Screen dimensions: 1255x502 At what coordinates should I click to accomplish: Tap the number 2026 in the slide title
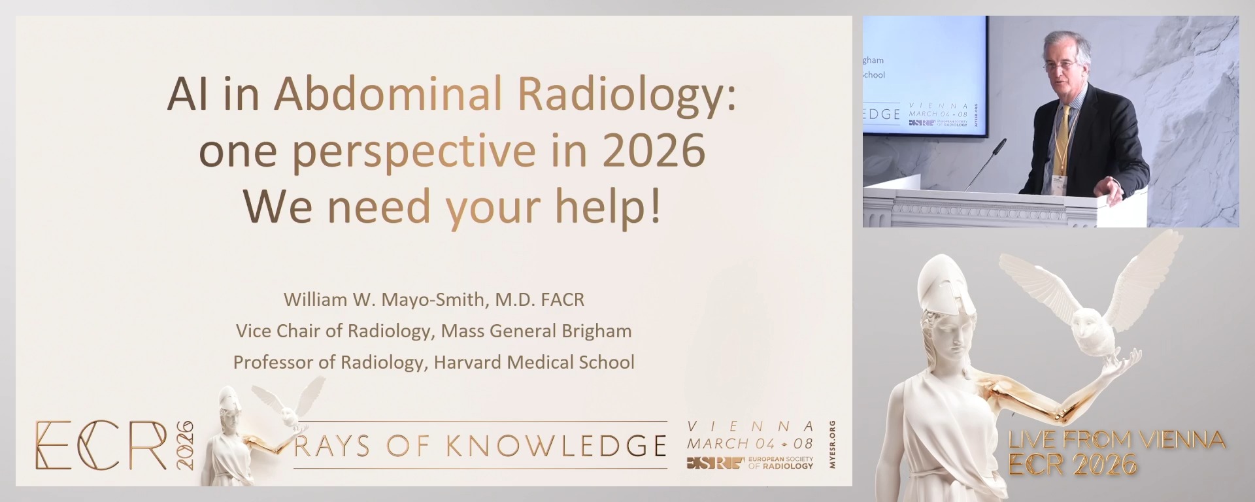pos(654,150)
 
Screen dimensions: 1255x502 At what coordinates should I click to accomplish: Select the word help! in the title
pos(608,206)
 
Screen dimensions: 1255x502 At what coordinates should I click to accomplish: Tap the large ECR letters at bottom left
pos(101,445)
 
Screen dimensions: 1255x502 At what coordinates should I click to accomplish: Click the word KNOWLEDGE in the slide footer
pos(556,446)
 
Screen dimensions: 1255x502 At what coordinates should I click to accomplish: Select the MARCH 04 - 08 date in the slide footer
pos(750,443)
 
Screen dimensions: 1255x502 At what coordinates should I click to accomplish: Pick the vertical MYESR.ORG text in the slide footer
pos(832,444)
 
